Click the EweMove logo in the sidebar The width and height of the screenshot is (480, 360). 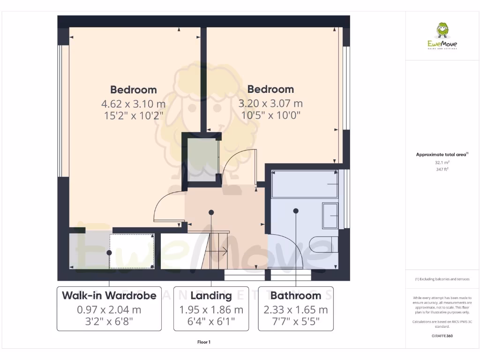click(442, 37)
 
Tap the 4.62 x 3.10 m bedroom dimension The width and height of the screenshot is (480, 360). click(133, 104)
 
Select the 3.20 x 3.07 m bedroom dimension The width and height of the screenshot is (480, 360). click(270, 104)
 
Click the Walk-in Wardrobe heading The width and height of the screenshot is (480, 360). click(109, 295)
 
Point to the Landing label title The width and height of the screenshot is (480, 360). click(211, 295)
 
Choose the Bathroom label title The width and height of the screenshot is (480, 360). click(296, 295)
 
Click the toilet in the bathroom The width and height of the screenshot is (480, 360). click(323, 245)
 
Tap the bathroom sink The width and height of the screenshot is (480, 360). click(330, 215)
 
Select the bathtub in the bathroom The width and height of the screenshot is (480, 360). click(304, 184)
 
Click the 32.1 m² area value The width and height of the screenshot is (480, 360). click(442, 163)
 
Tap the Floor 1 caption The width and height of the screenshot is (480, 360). click(204, 342)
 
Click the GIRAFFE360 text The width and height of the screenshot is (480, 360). click(442, 336)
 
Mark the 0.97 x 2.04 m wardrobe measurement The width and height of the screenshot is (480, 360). click(109, 310)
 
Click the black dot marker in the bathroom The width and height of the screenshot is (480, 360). click(296, 211)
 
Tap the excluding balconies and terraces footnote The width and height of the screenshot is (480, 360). click(442, 279)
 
